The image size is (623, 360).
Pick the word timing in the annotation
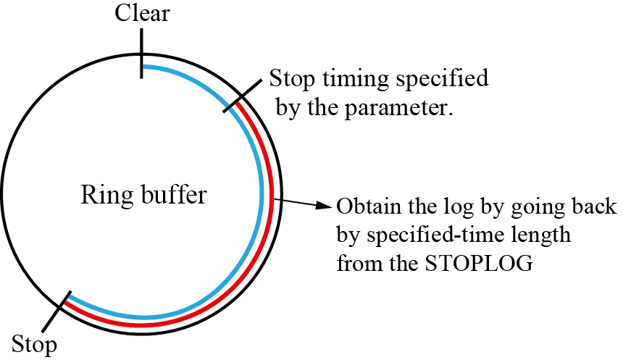coord(346,78)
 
